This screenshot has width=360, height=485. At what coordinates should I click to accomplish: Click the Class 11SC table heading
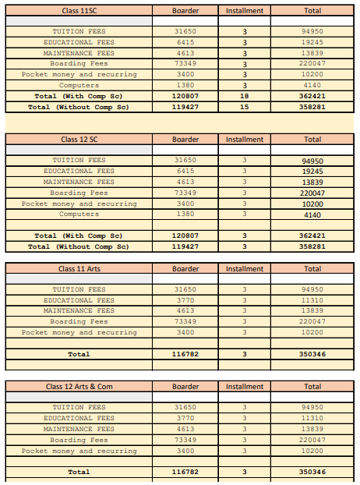click(x=79, y=11)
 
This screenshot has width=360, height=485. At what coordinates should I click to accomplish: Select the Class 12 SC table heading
click(x=79, y=140)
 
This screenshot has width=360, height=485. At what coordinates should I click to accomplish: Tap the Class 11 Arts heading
click(x=79, y=269)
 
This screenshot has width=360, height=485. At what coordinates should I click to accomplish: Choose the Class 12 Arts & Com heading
click(x=79, y=387)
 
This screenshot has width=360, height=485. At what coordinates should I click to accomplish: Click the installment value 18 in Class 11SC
click(x=245, y=96)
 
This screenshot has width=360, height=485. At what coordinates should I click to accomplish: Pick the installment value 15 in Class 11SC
click(x=245, y=107)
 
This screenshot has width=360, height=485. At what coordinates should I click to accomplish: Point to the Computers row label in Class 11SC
click(x=79, y=85)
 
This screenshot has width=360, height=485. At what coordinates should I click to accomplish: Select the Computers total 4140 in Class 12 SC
click(x=312, y=214)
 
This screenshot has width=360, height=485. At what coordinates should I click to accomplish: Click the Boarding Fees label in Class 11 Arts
click(x=79, y=321)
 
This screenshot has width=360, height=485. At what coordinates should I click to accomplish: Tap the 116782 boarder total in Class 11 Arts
click(x=185, y=354)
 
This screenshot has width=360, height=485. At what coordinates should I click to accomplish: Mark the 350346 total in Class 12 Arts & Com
click(x=312, y=472)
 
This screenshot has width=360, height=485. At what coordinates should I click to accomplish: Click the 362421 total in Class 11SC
click(x=312, y=96)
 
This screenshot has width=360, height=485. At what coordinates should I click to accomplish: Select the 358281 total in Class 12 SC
click(x=312, y=246)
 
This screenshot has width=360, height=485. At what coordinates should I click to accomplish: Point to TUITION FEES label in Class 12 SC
click(x=79, y=161)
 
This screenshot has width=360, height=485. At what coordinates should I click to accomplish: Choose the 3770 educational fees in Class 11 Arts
click(x=185, y=300)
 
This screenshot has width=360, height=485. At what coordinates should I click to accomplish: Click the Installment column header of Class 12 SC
click(x=245, y=140)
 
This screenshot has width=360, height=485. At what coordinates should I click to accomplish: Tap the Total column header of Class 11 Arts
click(x=312, y=269)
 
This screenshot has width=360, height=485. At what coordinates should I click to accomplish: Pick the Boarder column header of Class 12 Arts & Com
click(x=185, y=387)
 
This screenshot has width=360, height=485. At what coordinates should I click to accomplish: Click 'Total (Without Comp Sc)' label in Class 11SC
click(x=79, y=107)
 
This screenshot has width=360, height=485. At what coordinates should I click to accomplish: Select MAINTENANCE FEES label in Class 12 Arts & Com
click(x=79, y=429)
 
